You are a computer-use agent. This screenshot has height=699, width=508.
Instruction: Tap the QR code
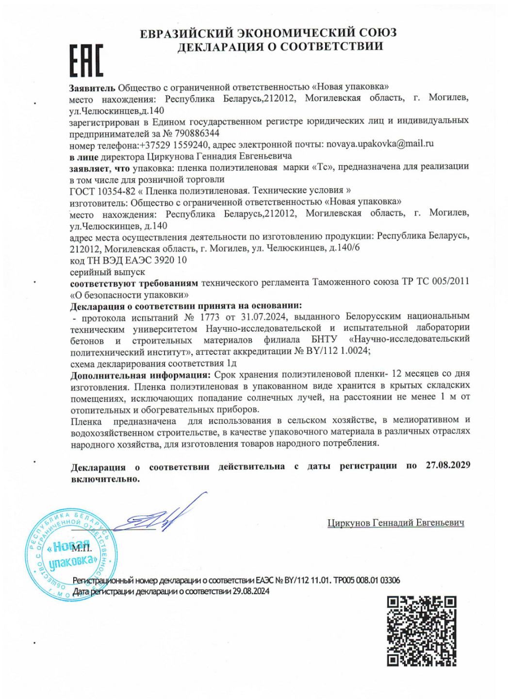[422, 631]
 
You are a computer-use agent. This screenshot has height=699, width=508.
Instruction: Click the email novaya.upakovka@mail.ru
[379, 144]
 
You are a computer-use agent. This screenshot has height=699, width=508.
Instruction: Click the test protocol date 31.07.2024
[263, 317]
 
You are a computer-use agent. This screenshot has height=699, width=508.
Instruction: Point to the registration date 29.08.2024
[251, 591]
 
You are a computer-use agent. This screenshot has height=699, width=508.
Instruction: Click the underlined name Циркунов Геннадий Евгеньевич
[396, 523]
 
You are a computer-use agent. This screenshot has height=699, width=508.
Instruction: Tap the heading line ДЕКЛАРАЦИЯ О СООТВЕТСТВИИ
[280, 47]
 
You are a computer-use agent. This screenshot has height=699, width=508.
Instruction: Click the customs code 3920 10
[170, 260]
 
